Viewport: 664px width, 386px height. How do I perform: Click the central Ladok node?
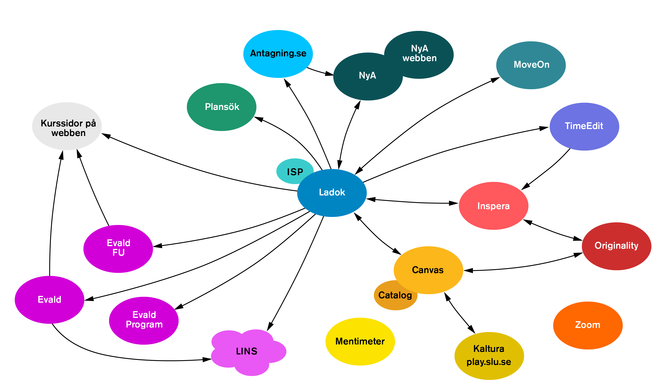pyautogui.click(x=332, y=193)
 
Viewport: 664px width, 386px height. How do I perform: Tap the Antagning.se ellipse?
pyautogui.click(x=278, y=54)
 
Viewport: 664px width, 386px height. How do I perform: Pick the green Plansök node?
pyautogui.click(x=222, y=107)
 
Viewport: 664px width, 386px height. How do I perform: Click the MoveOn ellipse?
pyautogui.click(x=531, y=65)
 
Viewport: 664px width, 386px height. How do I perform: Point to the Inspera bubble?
pyautogui.click(x=493, y=206)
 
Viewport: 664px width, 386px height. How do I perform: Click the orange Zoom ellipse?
pyautogui.click(x=588, y=325)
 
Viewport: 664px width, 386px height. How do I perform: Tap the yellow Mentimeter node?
pyautogui.click(x=360, y=341)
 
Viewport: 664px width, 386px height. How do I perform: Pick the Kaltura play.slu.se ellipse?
pyautogui.click(x=489, y=356)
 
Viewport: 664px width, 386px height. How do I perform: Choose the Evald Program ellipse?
pyautogui.click(x=144, y=320)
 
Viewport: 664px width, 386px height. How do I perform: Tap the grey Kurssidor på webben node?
pyautogui.click(x=67, y=126)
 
